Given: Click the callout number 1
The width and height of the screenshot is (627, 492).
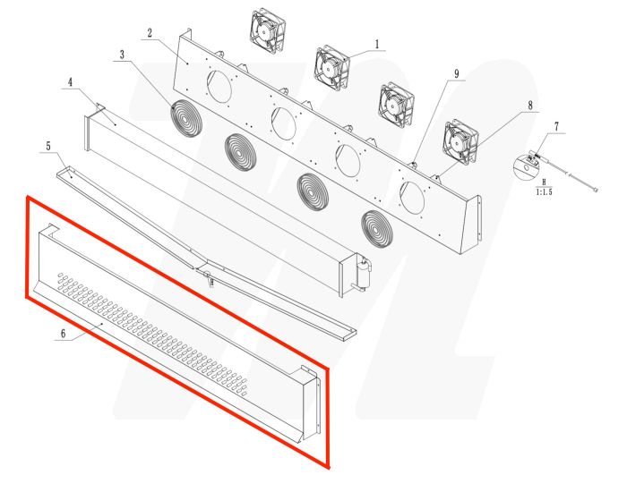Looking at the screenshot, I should pos(377,43).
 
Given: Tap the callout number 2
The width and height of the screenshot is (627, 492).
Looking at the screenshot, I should pos(150,34).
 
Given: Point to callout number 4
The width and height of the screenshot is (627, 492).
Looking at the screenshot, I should pos(69,83).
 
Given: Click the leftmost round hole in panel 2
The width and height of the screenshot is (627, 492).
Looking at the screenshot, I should pos(219,86).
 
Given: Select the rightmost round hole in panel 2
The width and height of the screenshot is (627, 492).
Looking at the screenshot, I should pos(413,195).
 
